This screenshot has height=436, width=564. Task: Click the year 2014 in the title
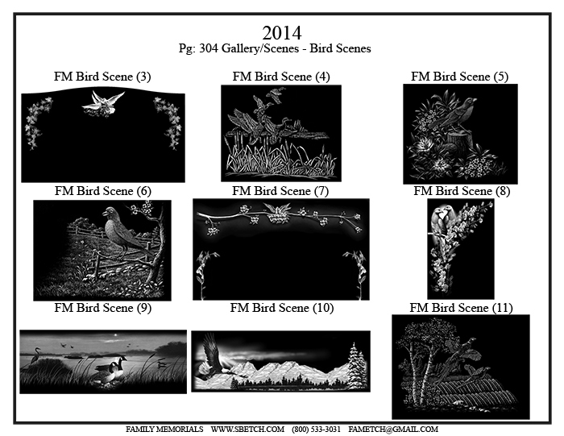click(x=282, y=33)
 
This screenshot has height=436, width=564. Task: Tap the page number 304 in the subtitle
click(x=209, y=48)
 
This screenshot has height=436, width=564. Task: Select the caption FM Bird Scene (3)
click(x=102, y=77)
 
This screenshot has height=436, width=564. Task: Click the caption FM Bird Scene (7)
click(x=280, y=191)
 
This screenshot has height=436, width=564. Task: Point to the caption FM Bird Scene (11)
click(x=461, y=308)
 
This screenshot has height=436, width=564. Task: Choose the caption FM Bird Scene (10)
click(x=282, y=308)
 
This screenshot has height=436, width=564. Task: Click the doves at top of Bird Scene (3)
click(x=103, y=104)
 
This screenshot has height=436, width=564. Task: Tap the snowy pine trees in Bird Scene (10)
click(x=357, y=365)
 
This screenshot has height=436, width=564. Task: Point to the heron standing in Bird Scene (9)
click(x=35, y=355)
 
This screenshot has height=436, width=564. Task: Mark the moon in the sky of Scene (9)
click(x=115, y=335)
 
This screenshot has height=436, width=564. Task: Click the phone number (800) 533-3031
click(x=316, y=430)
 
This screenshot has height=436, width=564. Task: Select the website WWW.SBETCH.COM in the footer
click(x=247, y=430)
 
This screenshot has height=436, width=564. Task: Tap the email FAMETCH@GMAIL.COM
click(x=393, y=430)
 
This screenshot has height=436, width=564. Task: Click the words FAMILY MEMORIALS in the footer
click(x=164, y=430)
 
